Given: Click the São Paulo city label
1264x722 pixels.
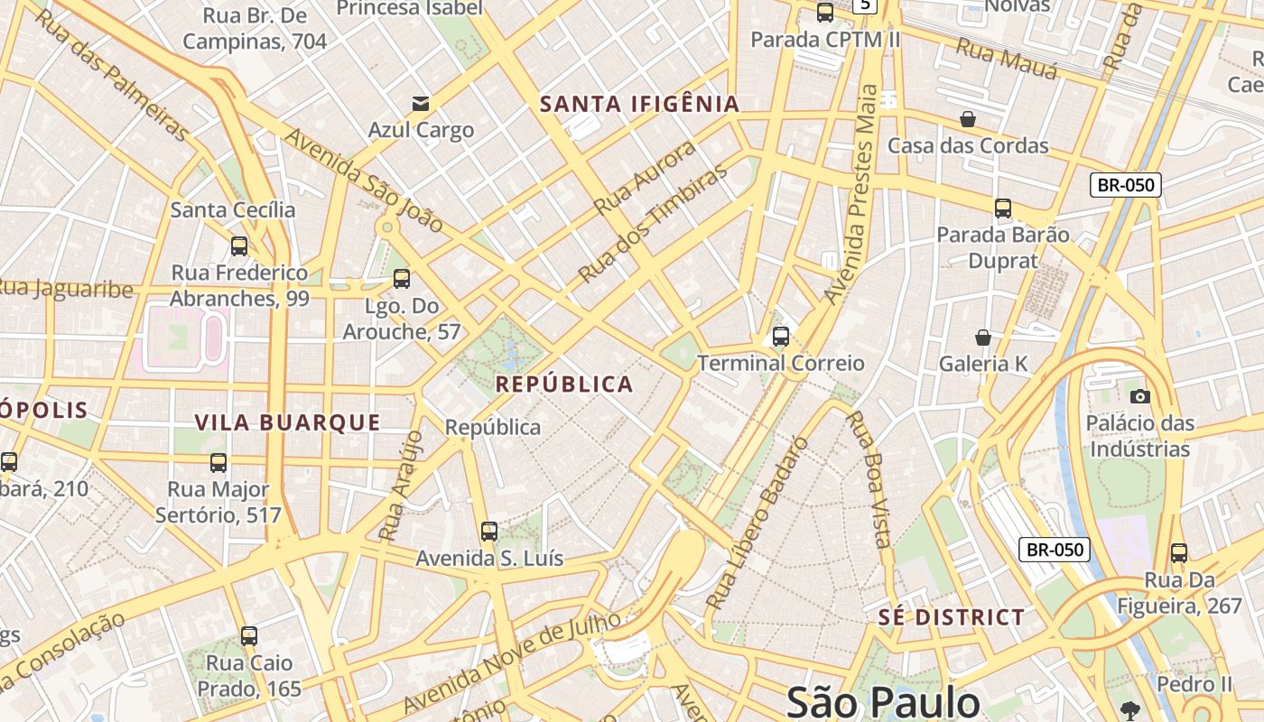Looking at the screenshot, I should point(882,702).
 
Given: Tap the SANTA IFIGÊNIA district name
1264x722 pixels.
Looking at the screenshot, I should point(639,104).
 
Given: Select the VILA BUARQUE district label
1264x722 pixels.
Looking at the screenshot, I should point(288,422).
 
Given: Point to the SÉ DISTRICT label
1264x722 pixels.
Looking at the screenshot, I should point(952,618).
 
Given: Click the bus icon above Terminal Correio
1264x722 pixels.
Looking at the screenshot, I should point(781,337).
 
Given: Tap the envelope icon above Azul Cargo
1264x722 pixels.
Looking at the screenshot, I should point(421,103).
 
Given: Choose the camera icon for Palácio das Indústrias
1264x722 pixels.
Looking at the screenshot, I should point(1139,396).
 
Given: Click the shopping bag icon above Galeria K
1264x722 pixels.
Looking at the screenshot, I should point(983,338).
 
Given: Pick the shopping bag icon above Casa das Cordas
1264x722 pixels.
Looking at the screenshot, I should point(967,119).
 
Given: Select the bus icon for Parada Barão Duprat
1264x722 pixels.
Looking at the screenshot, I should point(1002,208).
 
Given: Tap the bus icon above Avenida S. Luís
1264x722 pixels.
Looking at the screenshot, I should point(489,532).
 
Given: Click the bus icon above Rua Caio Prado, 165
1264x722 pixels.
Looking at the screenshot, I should point(249,636).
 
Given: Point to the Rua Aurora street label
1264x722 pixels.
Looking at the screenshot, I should point(646,178).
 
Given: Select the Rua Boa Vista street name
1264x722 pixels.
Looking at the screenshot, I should point(869,479).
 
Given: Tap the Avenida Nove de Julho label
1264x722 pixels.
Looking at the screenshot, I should point(512,662).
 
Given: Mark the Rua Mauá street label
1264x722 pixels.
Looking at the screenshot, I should point(1006,59).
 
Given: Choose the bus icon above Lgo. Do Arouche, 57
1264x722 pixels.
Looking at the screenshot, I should point(402,279).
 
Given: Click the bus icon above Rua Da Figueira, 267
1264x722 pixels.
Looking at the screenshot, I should point(1179,553).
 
